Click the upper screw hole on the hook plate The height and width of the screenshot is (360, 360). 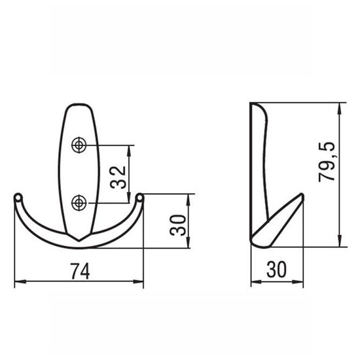pyautogui.click(x=79, y=145)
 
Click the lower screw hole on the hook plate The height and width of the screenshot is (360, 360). pyautogui.click(x=79, y=203)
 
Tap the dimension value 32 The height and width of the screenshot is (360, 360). pyautogui.click(x=118, y=177)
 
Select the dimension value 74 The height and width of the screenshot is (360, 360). pyautogui.click(x=80, y=272)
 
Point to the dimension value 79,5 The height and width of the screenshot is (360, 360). pyautogui.click(x=327, y=162)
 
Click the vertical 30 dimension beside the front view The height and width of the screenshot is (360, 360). pyautogui.click(x=177, y=225)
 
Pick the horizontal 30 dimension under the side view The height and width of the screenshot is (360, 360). pyautogui.click(x=277, y=269)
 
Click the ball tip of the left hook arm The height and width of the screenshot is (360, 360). pyautogui.click(x=18, y=198)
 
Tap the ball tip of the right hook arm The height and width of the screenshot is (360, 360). pyautogui.click(x=139, y=198)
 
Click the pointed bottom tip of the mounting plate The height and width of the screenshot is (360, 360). pyautogui.click(x=79, y=241)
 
